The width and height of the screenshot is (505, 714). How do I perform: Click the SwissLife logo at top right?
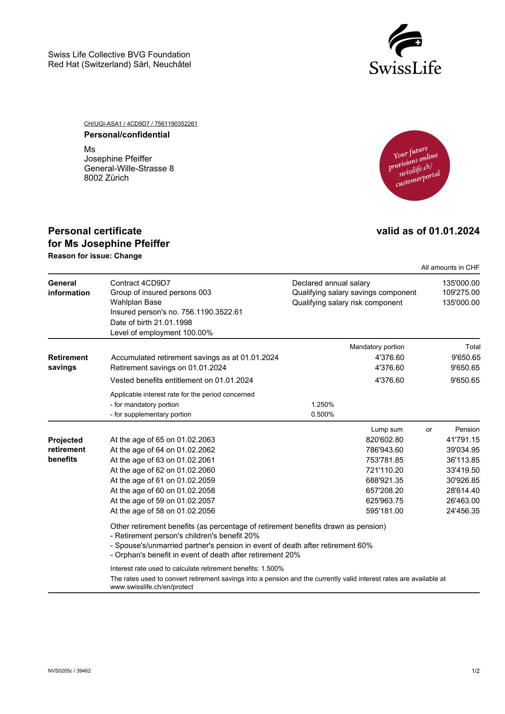[405, 49]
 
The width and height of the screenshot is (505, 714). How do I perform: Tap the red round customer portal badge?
[414, 166]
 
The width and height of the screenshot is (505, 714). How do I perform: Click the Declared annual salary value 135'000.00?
[461, 283]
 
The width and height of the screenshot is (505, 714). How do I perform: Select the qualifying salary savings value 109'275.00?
[461, 293]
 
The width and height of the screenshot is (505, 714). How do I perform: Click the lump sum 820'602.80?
[384, 440]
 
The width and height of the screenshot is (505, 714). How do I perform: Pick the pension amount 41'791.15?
[463, 440]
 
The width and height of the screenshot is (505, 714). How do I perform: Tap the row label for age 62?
[162, 470]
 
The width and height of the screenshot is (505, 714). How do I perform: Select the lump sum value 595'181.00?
[384, 511]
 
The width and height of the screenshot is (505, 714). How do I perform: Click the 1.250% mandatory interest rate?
[322, 405]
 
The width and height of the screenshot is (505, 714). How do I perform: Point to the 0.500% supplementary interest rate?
[322, 415]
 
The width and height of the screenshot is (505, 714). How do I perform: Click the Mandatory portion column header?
[377, 347]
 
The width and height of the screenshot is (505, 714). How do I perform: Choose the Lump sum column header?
[387, 430]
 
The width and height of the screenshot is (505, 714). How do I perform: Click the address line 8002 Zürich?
[106, 178]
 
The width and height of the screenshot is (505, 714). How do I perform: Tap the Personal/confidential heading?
[127, 135]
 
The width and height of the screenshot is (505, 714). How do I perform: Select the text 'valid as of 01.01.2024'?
[428, 231]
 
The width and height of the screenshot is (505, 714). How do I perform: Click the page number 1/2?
[476, 671]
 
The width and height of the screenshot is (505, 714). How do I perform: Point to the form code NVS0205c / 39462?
[69, 671]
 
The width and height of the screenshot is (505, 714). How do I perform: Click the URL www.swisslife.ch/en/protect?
[152, 587]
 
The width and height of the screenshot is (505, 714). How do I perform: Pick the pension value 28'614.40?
[463, 491]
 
